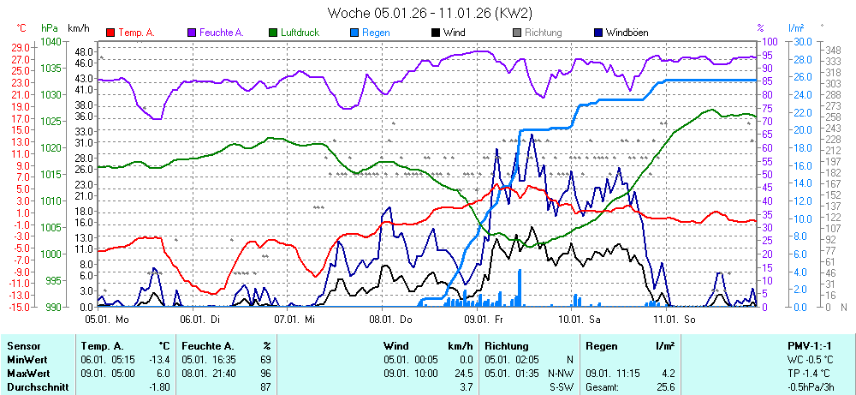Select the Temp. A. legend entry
point(135,33)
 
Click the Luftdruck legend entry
point(299,33)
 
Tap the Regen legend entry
point(375,33)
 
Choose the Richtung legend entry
point(543,33)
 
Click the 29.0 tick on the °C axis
point(21,46)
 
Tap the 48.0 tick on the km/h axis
point(83,51)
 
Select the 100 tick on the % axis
point(770,41)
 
